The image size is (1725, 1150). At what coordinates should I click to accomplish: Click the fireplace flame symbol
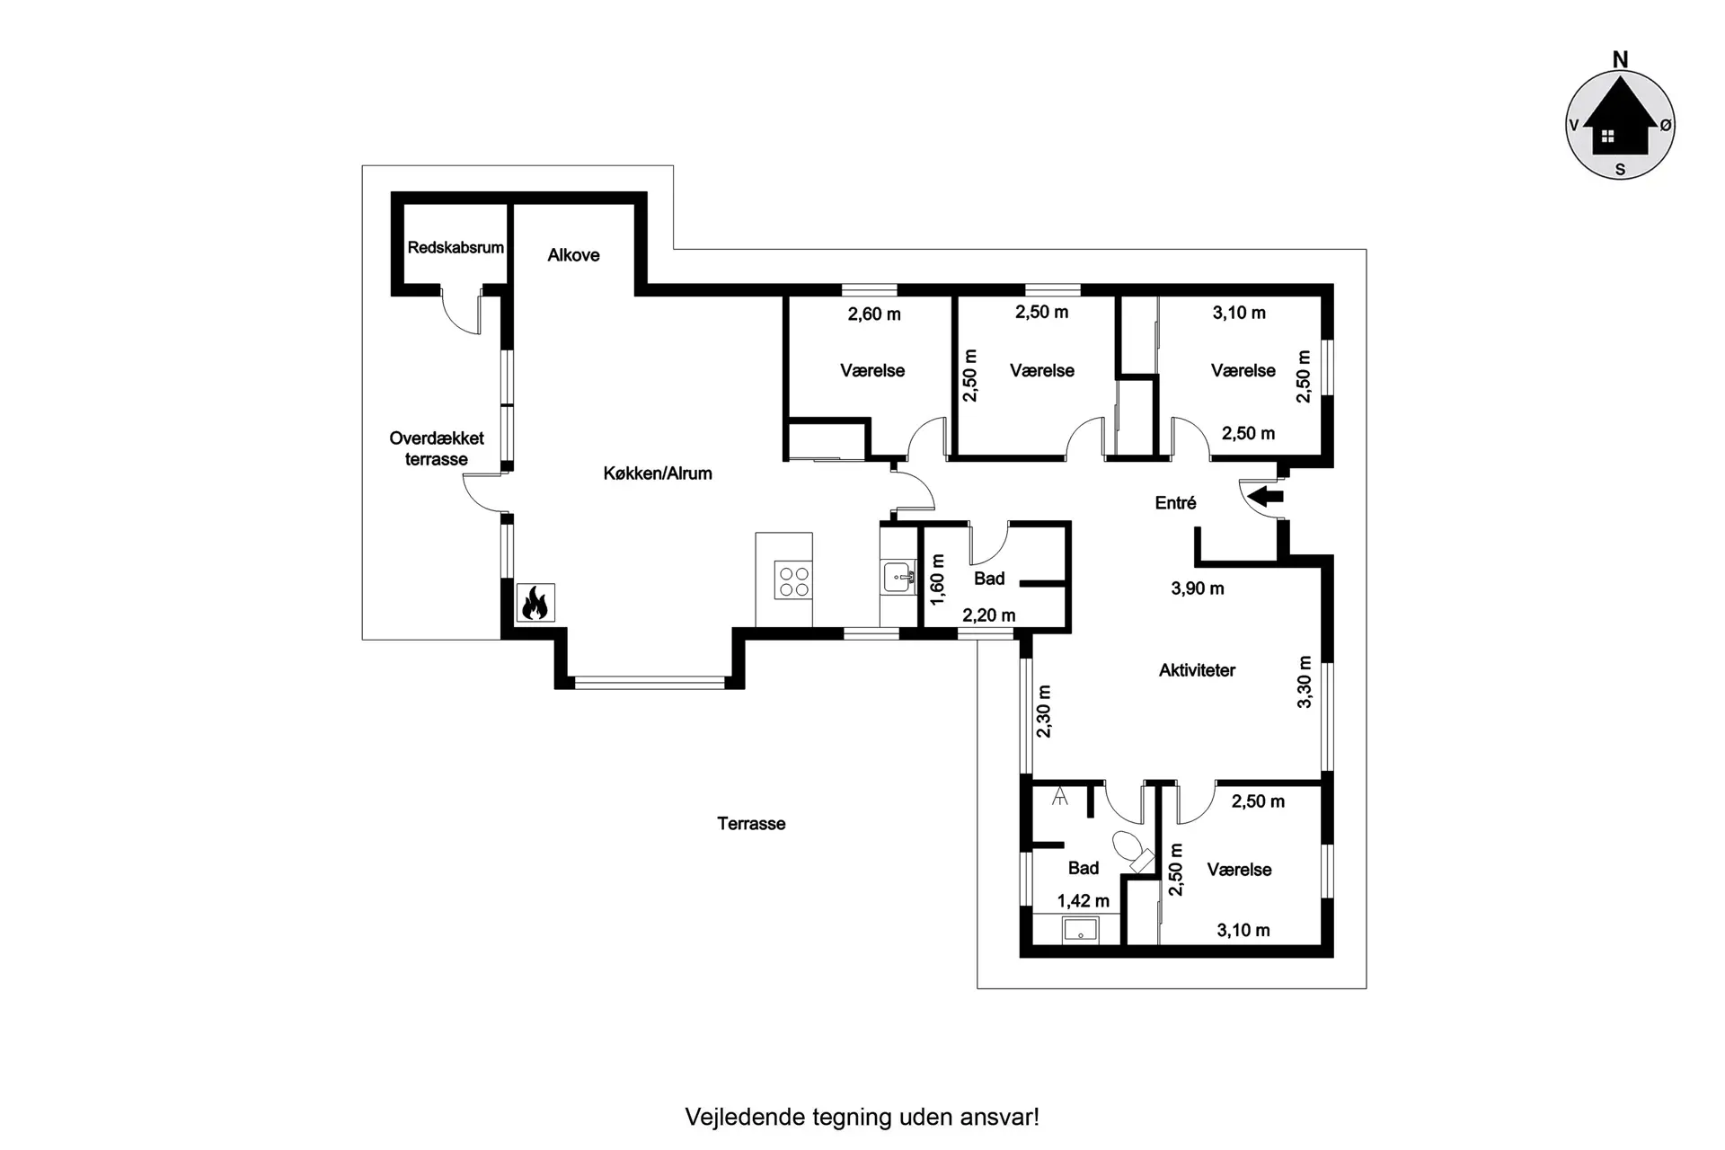pyautogui.click(x=535, y=603)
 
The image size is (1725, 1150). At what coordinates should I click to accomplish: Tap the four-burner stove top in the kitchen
pyautogui.click(x=794, y=580)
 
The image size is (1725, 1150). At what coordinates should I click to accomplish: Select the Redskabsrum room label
pyautogui.click(x=456, y=247)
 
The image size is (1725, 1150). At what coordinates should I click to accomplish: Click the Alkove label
pyautogui.click(x=573, y=255)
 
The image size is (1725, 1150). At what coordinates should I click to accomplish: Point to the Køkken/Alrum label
pyautogui.click(x=658, y=473)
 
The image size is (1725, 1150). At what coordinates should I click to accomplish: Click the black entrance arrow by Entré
pyautogui.click(x=1267, y=495)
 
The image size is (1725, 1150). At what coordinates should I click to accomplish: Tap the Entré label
pyautogui.click(x=1175, y=503)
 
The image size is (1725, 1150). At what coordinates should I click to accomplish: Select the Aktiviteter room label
pyautogui.click(x=1197, y=670)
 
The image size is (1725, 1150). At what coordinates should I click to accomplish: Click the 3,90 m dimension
pyautogui.click(x=1198, y=588)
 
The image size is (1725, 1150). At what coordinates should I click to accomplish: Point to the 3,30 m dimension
pyautogui.click(x=1305, y=682)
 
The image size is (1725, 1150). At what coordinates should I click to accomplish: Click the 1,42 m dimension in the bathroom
pyautogui.click(x=1083, y=901)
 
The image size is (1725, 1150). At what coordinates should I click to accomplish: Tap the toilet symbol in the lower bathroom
pyautogui.click(x=1132, y=852)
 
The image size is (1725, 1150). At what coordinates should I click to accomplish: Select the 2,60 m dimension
pyautogui.click(x=874, y=314)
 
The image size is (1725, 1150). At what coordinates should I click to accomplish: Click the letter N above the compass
pyautogui.click(x=1620, y=59)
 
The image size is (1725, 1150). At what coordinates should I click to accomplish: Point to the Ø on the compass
pyautogui.click(x=1666, y=126)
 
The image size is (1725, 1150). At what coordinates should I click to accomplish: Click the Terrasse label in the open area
pyautogui.click(x=751, y=824)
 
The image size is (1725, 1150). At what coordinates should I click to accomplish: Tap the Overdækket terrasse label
pyautogui.click(x=437, y=449)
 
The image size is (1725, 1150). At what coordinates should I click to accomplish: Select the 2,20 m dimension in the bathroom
pyautogui.click(x=988, y=615)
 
